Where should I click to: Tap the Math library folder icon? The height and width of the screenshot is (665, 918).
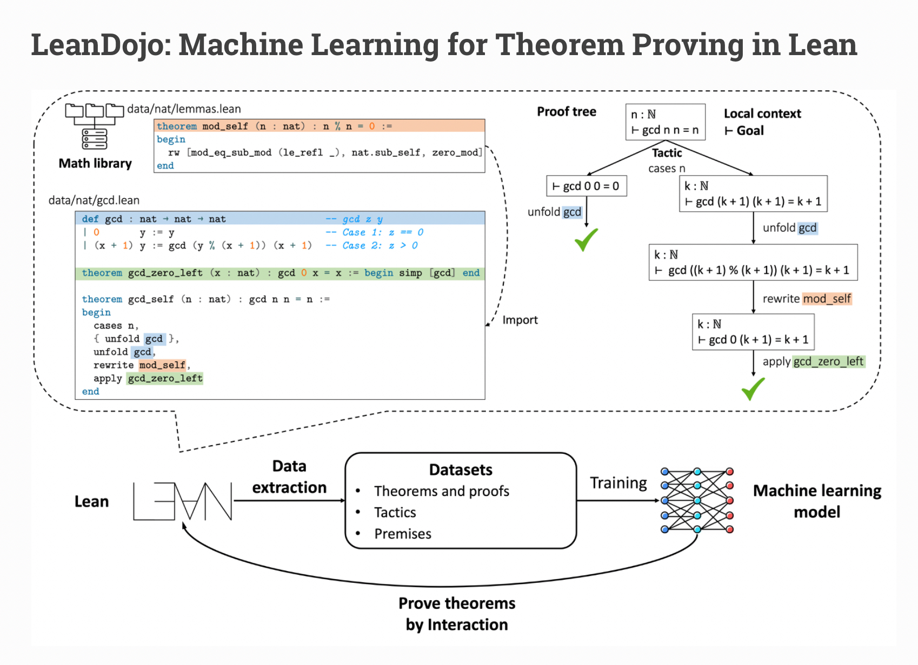[94, 126]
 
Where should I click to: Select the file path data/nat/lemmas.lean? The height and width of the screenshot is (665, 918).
[184, 109]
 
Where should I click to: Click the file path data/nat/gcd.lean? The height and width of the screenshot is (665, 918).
[94, 200]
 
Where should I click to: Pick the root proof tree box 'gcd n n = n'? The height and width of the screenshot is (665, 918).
[665, 122]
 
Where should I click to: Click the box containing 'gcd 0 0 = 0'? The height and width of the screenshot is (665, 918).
[587, 186]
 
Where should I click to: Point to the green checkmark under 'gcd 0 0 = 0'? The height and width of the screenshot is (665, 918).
[586, 239]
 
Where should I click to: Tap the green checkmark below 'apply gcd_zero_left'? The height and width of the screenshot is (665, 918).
[753, 389]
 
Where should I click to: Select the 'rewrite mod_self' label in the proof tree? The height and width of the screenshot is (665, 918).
[807, 299]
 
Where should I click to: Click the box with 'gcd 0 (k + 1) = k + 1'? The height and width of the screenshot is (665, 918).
[753, 332]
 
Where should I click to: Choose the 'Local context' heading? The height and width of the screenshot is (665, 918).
[762, 113]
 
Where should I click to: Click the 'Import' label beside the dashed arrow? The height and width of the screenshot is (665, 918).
[520, 320]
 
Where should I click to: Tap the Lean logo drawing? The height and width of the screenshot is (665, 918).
[183, 501]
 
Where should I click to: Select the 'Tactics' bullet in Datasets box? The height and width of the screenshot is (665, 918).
[395, 512]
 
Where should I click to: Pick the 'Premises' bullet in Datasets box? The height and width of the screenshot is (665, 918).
[402, 534]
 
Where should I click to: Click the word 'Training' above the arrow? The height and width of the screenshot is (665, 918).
[618, 483]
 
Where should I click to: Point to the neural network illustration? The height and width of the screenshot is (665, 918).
[697, 500]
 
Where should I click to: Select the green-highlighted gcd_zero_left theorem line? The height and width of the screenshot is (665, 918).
[280, 273]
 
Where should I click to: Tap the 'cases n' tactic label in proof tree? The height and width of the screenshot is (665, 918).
[667, 169]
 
